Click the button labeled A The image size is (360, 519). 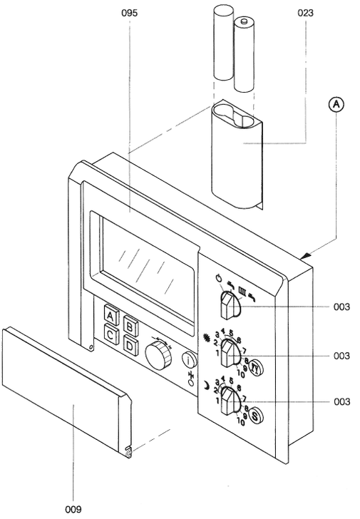(x=111, y=314)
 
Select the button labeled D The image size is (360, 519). (x=130, y=344)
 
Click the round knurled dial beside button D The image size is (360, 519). (x=158, y=354)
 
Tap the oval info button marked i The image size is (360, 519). (x=188, y=361)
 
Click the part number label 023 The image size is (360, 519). (x=306, y=13)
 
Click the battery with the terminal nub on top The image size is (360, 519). (x=245, y=54)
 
